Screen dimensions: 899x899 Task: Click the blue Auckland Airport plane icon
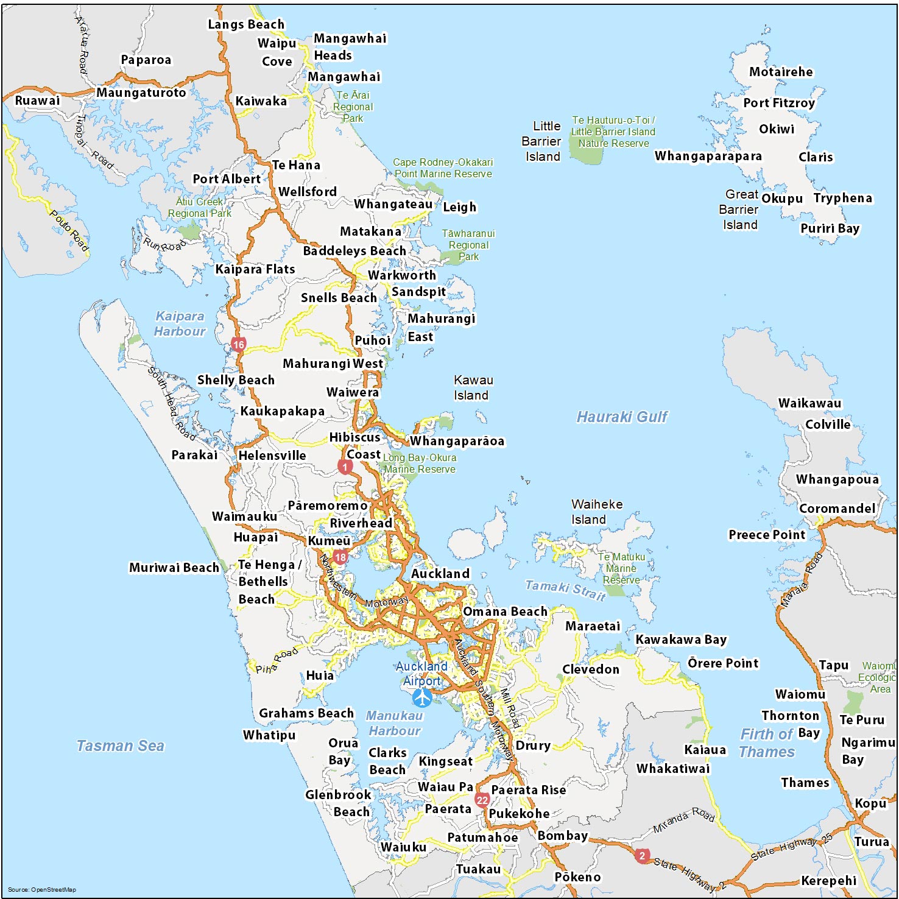(421, 697)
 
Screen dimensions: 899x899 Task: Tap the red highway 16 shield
(238, 345)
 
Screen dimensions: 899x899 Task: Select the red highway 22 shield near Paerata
(482, 800)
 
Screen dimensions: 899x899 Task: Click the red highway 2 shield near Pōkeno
(642, 856)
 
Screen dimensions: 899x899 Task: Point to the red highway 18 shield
(340, 557)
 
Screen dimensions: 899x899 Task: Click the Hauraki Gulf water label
(622, 417)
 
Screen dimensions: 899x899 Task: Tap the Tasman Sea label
(120, 746)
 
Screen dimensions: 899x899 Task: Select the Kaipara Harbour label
(180, 323)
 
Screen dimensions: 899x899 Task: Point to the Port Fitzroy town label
(779, 103)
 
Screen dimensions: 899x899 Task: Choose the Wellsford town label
(308, 192)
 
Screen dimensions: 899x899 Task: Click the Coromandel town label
(837, 509)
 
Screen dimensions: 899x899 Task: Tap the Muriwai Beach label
(174, 568)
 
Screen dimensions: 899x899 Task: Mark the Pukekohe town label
(519, 814)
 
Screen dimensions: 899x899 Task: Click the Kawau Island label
(473, 387)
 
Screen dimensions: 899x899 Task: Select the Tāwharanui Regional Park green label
(468, 245)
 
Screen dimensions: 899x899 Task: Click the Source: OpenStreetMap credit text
(42, 890)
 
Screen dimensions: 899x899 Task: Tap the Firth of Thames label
(767, 743)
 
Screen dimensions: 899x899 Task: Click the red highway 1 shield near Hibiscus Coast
(345, 467)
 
